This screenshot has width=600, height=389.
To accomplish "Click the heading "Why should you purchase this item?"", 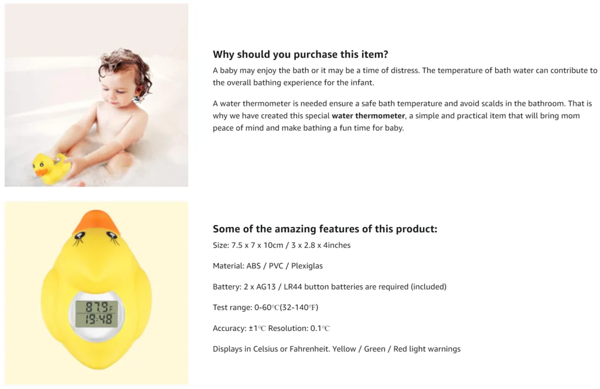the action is coord(301,54).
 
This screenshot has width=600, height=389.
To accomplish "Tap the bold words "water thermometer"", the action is coord(368,116).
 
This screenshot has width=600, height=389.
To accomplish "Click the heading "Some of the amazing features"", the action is coord(325,229).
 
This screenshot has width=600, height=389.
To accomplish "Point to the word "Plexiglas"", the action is coord(307,266).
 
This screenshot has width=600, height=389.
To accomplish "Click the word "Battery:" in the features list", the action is coord(227,287).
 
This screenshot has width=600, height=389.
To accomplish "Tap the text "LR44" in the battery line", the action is coord(293,287).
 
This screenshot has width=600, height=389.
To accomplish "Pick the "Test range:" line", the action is coord(265,307).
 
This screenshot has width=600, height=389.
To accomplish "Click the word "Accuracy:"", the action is coord(230,328).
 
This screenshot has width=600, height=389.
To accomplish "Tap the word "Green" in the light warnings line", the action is coord(374,349).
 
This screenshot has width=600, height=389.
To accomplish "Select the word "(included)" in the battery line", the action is coord(428,287).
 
